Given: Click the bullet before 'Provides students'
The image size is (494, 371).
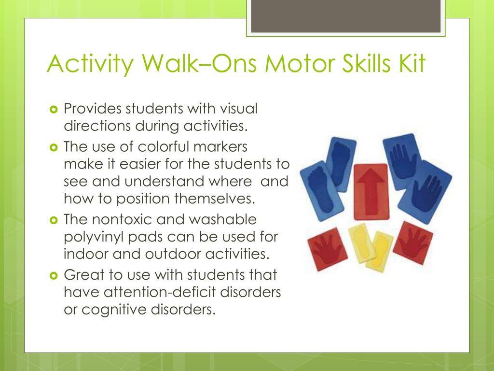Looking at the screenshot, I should (x=54, y=109).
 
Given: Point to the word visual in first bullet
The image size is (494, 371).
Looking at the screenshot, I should (x=236, y=109).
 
